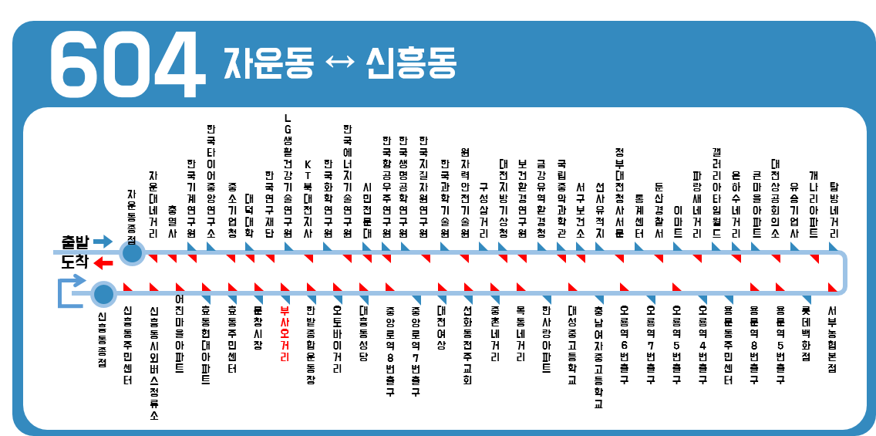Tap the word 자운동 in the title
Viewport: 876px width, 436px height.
(268, 61)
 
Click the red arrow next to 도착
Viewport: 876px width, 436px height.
(103, 264)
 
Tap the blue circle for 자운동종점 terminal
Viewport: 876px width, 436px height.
(133, 252)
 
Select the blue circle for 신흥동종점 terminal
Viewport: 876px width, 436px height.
(103, 294)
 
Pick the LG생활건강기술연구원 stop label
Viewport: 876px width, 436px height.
(288, 176)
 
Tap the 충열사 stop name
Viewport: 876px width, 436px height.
(172, 220)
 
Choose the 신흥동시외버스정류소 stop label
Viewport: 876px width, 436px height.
(154, 363)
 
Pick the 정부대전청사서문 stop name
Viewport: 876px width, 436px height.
(619, 193)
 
